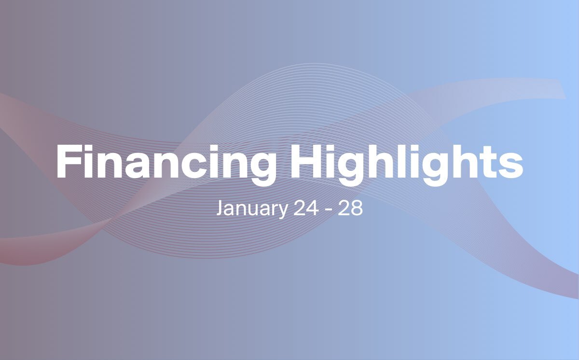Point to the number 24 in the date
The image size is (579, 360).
coord(306,208)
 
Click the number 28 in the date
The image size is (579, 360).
coord(350,208)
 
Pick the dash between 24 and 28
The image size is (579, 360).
coord(328,210)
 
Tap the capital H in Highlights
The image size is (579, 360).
coord(308,162)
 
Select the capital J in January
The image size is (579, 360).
coord(220,208)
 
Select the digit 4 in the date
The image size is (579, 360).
coord(313,208)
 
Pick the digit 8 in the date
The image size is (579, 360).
coord(357,208)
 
